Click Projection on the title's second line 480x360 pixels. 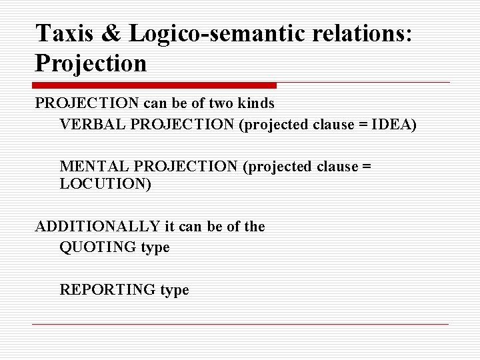(91, 63)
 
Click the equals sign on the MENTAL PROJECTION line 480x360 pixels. (365, 167)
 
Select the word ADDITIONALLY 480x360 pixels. (98, 227)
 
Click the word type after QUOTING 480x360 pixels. (155, 248)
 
